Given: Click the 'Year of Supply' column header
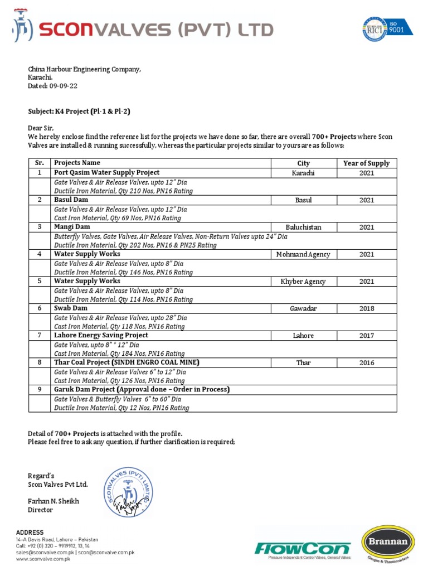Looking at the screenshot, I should [366, 163].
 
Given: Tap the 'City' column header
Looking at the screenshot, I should [303, 163].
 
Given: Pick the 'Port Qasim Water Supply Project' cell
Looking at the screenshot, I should [106, 173].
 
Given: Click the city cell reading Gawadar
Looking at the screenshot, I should [303, 308].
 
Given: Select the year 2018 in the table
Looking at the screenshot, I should [366, 308].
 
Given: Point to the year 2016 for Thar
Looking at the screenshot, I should [366, 362].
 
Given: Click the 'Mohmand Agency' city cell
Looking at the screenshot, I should [303, 254].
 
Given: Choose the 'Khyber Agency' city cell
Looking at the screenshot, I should [303, 282].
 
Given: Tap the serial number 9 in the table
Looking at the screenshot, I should [40, 389].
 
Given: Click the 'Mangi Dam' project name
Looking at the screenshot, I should [72, 227].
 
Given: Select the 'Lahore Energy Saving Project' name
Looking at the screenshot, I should [101, 335].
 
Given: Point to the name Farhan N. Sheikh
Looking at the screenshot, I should [53, 501].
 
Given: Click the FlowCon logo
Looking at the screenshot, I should [303, 549].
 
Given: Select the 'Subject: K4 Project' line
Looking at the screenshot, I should [79, 112].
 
